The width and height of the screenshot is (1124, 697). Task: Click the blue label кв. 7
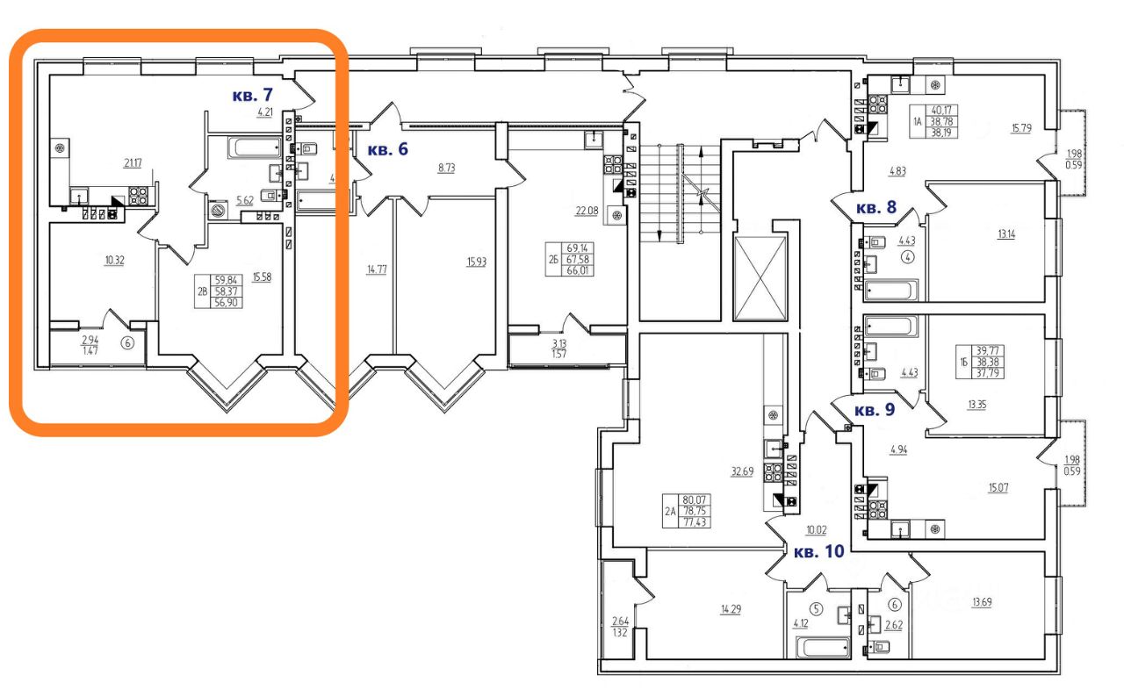point(253,94)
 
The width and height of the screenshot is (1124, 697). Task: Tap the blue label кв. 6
point(387,149)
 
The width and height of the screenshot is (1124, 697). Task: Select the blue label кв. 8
point(876,208)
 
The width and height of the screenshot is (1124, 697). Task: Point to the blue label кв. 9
point(876,410)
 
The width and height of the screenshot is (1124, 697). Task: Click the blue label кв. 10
point(818,552)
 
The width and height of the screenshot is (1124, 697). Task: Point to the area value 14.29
point(731,609)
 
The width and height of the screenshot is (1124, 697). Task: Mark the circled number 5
point(816,609)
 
